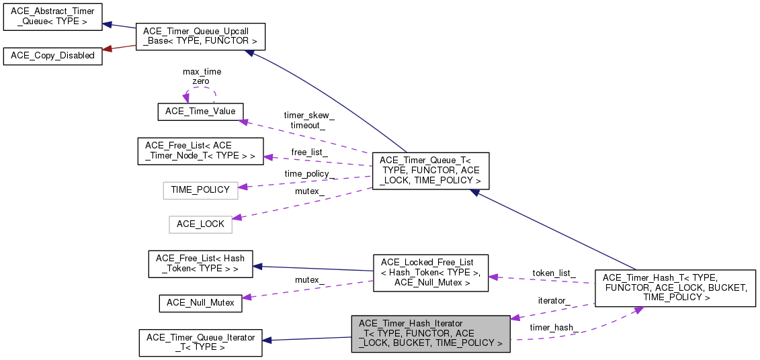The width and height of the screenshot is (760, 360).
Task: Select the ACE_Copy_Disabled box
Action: click(x=53, y=56)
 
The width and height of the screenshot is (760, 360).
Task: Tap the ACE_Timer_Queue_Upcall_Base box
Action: click(x=200, y=36)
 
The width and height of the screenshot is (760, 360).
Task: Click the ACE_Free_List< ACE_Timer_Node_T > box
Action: click(x=200, y=150)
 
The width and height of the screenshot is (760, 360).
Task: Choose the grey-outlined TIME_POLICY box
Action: click(x=200, y=190)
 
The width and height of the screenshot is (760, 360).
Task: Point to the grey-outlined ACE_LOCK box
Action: click(x=200, y=224)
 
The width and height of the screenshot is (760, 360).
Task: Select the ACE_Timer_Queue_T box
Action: click(x=430, y=171)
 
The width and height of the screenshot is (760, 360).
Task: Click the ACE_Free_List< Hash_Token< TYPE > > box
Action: click(x=200, y=264)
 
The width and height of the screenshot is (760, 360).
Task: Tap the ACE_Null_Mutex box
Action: click(x=200, y=303)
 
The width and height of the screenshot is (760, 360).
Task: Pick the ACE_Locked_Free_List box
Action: click(x=430, y=272)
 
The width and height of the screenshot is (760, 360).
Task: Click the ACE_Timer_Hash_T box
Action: click(x=674, y=287)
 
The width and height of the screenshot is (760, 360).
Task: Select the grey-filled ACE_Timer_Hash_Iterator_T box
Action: click(x=430, y=333)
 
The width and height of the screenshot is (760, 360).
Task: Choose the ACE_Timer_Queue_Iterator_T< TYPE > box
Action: click(x=200, y=343)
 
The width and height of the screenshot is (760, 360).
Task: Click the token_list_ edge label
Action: click(x=554, y=273)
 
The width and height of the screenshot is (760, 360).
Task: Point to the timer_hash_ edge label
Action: click(x=554, y=328)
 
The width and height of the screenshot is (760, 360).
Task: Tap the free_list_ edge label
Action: click(x=309, y=152)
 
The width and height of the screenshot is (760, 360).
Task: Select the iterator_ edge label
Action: click(x=554, y=301)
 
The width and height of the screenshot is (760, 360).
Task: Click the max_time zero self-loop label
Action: click(x=202, y=76)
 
